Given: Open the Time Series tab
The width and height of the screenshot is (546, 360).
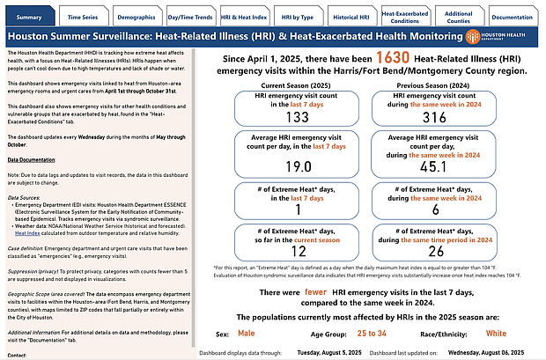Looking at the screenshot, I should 83,17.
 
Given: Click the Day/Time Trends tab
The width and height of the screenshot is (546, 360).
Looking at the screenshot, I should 190,17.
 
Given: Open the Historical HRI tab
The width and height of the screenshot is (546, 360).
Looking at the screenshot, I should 350,17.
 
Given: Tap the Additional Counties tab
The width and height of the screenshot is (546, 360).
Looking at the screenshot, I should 458,17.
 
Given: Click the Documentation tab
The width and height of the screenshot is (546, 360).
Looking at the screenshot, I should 513,17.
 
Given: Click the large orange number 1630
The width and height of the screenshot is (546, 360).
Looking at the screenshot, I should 369,56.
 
